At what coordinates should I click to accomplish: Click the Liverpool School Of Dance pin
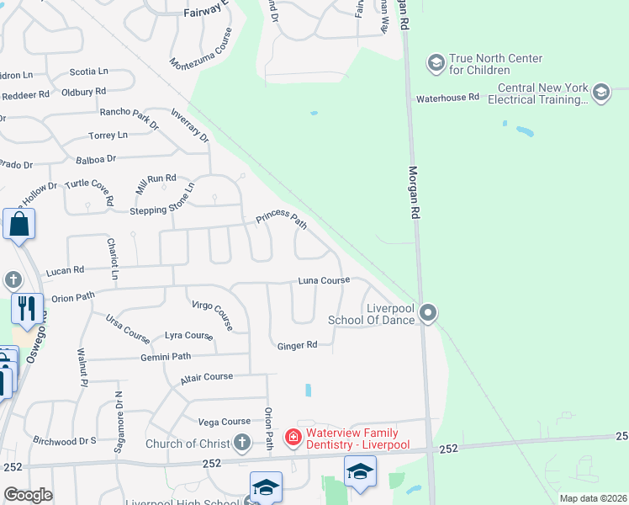point(428,314)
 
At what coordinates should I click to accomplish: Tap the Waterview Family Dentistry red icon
point(293,437)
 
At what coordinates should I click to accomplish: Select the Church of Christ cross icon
point(242,442)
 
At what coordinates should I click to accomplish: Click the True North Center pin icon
point(436,62)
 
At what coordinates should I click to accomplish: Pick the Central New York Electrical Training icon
point(600,93)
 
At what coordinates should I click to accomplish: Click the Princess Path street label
point(282,219)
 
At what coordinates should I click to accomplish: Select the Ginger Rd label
point(298,345)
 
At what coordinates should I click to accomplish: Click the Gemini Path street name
point(166,357)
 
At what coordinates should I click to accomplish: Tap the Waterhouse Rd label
point(447,98)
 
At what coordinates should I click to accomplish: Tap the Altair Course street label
point(206,378)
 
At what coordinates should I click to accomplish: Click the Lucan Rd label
point(67,270)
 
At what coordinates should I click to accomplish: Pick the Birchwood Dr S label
point(65,440)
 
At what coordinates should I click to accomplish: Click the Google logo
point(28,495)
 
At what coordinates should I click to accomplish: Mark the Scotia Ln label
point(88,72)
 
